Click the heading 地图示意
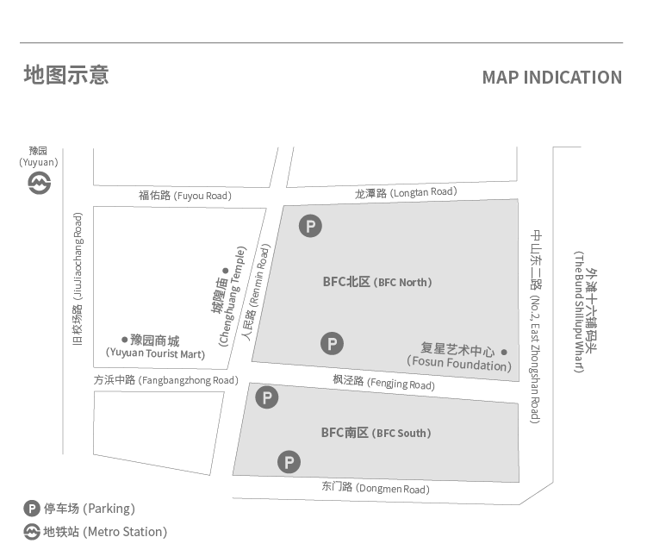pos(65,75)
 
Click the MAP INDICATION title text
pos(551,78)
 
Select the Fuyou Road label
pos(184,196)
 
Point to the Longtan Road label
pos(405,192)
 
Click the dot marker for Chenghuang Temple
pos(225,247)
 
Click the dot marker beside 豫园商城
pos(124,339)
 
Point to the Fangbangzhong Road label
pos(165,380)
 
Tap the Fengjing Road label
pos(383,381)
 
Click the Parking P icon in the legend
pos(32,509)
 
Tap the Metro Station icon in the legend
pos(32,532)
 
